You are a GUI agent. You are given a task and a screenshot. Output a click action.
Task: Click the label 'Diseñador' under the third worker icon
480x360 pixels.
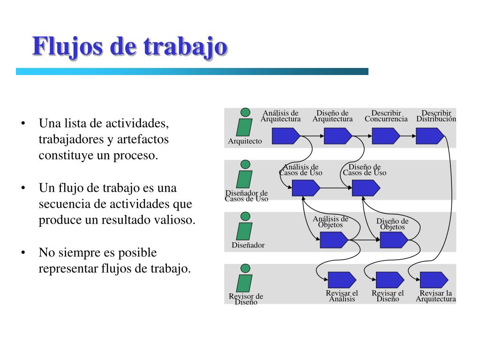pos(248,245)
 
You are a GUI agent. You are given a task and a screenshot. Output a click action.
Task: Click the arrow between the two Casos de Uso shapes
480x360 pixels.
pos(336,188)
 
